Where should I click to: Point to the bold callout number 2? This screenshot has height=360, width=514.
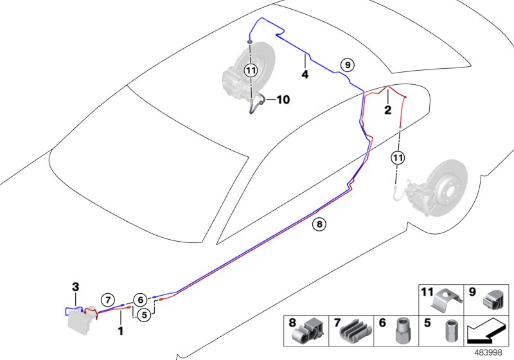click(387, 110)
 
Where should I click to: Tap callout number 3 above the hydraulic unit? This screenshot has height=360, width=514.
click(75, 287)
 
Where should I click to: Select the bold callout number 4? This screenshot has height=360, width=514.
click(305, 75)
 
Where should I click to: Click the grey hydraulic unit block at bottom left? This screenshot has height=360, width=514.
click(80, 322)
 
